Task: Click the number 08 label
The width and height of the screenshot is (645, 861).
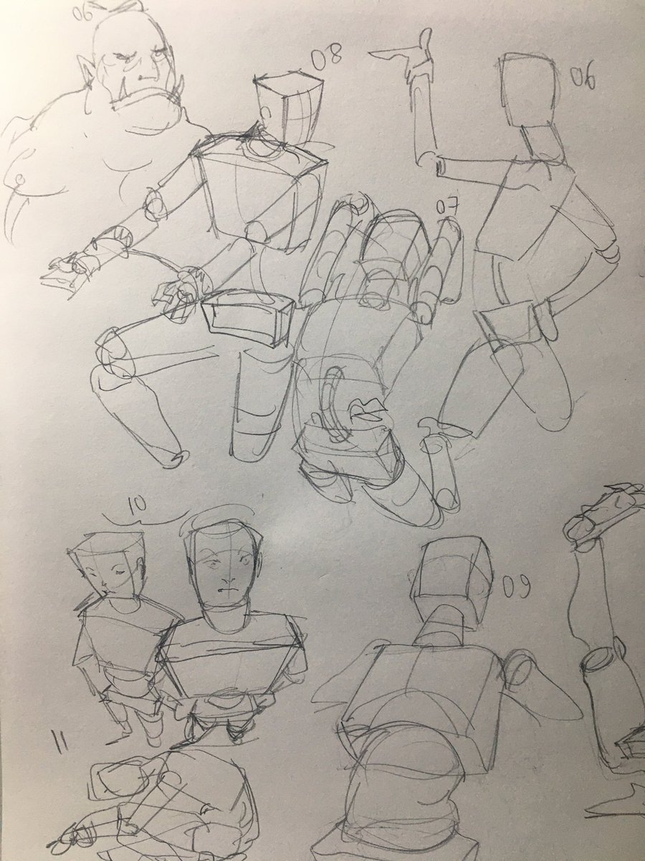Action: pos(328,56)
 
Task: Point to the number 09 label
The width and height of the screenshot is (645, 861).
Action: pos(515,587)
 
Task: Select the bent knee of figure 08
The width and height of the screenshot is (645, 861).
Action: pos(113,351)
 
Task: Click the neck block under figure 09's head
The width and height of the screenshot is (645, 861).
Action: pos(441,624)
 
